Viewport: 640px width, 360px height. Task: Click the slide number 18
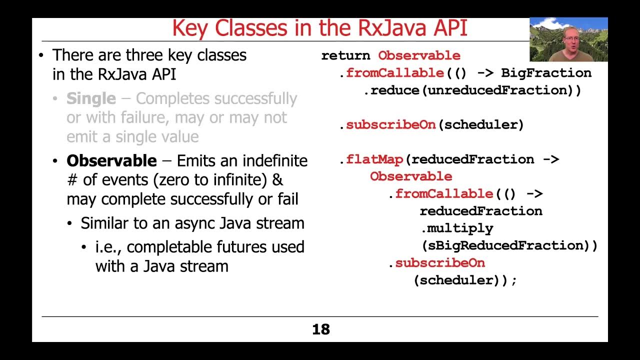click(320, 329)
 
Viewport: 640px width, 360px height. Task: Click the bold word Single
click(91, 98)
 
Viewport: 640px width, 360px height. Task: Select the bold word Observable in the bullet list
click(111, 161)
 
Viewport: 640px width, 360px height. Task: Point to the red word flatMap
click(374, 159)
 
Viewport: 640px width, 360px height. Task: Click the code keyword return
click(345, 55)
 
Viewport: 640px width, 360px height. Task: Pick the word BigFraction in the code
click(546, 73)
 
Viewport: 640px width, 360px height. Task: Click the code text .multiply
click(456, 228)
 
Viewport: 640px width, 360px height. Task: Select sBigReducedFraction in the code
click(503, 246)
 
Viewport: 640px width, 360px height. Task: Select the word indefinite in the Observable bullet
click(275, 161)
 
